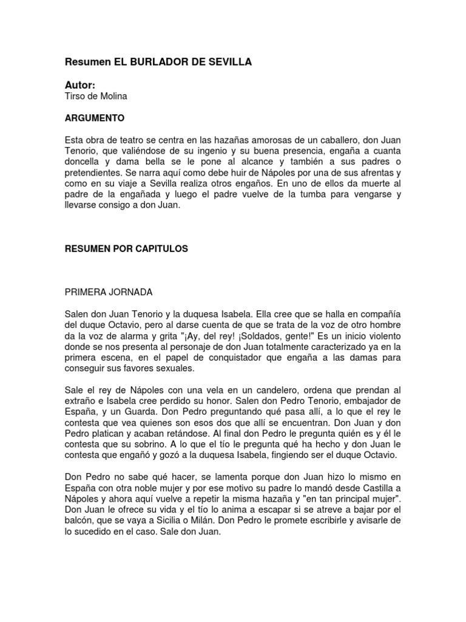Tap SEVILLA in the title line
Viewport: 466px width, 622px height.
coord(228,62)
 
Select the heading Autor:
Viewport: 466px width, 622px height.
coord(80,86)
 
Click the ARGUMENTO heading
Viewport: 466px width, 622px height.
coord(94,117)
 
